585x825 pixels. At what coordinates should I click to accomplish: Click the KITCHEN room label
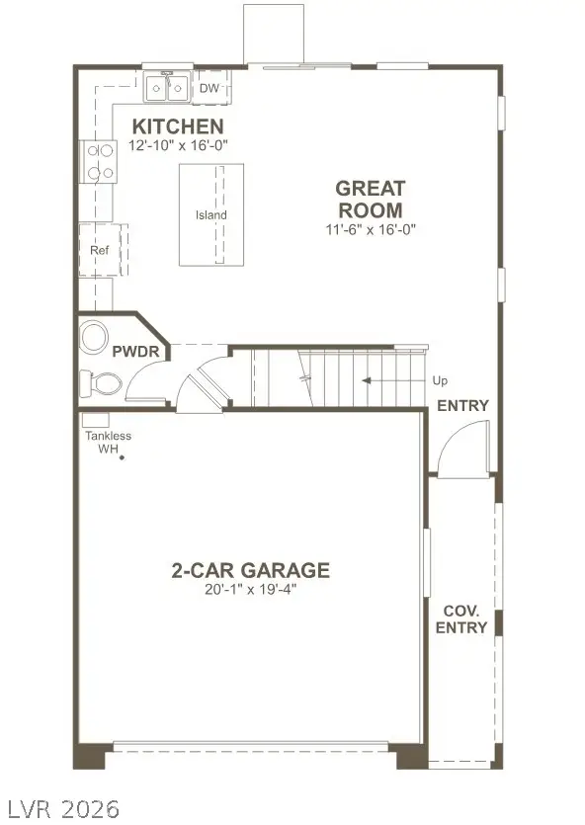179,126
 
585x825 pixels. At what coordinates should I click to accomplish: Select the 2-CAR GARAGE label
250,570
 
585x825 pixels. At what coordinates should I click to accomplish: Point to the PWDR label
129,352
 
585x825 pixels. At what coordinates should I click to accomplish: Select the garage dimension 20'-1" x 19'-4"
250,590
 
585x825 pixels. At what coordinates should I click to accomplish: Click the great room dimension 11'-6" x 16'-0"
371,229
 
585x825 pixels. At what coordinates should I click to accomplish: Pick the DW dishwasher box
210,88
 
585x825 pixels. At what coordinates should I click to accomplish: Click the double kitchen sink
167,89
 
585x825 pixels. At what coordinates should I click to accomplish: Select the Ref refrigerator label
99,250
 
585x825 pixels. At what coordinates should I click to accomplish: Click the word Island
210,215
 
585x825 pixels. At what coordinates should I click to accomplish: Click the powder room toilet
101,381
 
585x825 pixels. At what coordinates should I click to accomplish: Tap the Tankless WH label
107,442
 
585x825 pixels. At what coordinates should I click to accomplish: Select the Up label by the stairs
441,380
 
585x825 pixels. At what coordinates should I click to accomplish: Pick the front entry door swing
463,450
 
